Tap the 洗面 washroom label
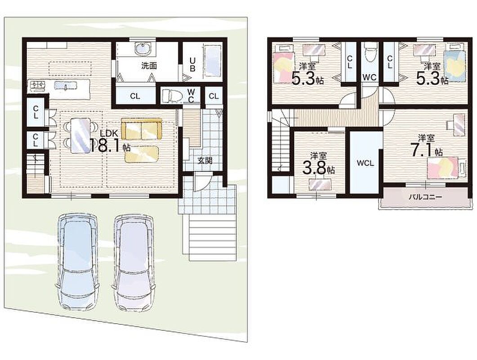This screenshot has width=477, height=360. click(149, 66)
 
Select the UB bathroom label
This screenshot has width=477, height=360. click(192, 64)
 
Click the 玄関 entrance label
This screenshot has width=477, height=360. click(205, 161)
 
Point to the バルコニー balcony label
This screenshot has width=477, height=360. click(425, 197)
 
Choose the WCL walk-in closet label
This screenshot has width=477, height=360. click(366, 163)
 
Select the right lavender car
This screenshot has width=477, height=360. click(134, 261)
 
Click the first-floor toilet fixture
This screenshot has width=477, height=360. click(172, 96)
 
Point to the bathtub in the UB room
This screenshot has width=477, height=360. click(212, 62)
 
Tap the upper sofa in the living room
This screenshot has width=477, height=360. click(142, 129)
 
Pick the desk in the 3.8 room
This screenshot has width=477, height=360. click(319, 184)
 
